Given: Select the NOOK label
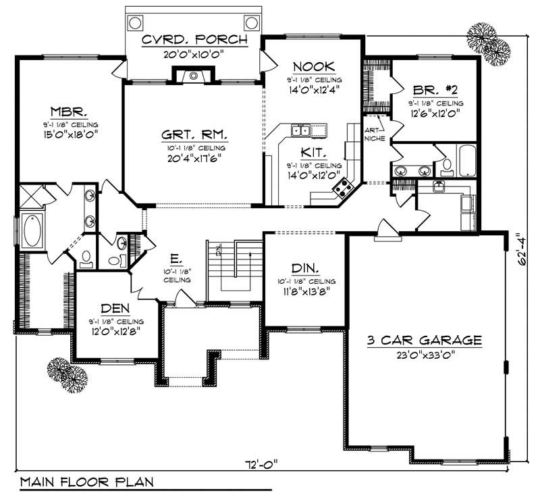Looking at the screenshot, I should coord(315,66).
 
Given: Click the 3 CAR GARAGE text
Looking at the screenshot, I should coord(424,341).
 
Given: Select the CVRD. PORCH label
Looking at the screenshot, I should coord(194,40).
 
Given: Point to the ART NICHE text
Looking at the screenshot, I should coord(375,134).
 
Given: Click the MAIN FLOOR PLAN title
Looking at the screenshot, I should coord(86,482).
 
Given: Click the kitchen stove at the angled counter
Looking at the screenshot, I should coord(346,186).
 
